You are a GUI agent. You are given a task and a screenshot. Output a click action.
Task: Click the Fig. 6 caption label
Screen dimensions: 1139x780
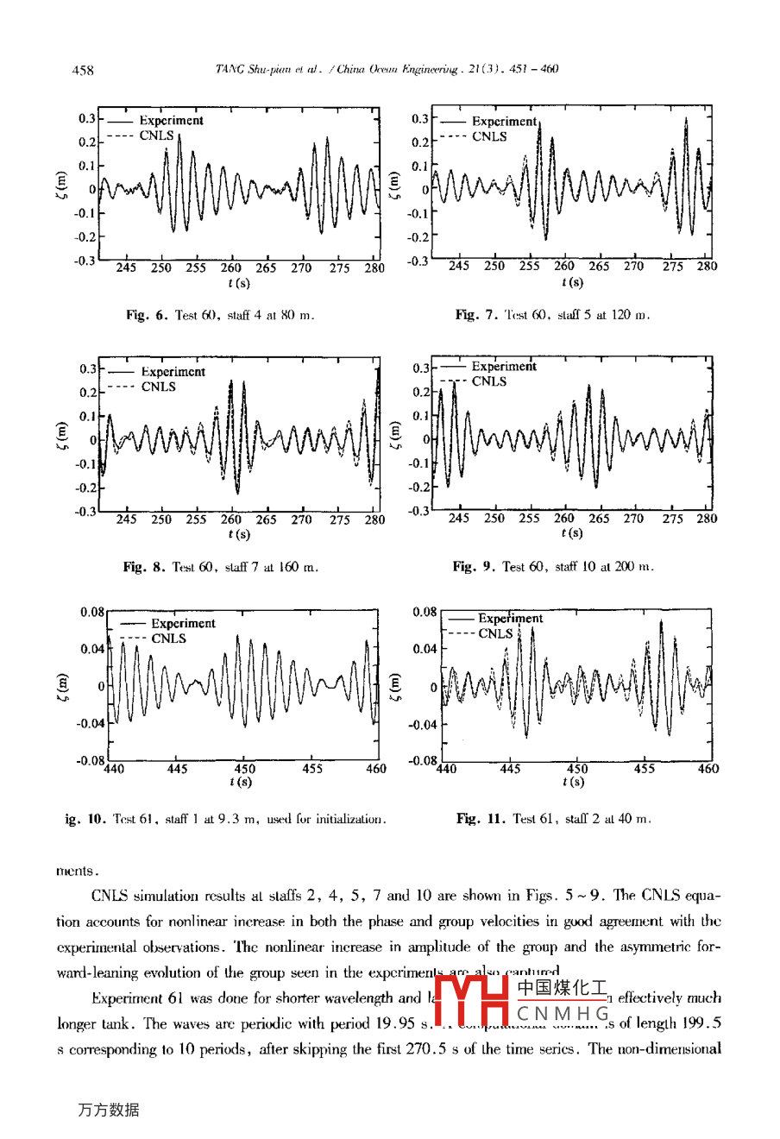(148, 315)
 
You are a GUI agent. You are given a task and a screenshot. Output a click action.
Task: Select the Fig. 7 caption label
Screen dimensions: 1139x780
(476, 315)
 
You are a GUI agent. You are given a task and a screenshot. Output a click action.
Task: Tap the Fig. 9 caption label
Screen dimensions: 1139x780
(475, 567)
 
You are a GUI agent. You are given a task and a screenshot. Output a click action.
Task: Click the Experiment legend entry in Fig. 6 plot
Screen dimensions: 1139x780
(171, 121)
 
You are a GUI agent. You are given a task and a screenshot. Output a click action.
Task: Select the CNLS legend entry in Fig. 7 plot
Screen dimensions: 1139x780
(489, 136)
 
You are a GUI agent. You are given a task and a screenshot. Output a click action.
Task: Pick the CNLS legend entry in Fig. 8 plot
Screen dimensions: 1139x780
(158, 387)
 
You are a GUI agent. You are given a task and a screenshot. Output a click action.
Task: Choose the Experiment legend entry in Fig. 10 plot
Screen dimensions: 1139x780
(183, 623)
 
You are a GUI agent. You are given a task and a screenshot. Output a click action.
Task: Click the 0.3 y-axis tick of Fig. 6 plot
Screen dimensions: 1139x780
(87, 119)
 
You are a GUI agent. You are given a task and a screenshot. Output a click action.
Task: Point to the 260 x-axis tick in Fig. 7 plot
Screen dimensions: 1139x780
(563, 266)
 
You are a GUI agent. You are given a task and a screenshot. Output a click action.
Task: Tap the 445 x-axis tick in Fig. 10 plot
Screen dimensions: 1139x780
(177, 769)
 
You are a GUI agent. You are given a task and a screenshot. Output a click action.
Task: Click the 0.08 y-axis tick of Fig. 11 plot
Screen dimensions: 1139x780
(424, 612)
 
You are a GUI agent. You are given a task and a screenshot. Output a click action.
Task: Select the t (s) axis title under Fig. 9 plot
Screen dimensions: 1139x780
(571, 533)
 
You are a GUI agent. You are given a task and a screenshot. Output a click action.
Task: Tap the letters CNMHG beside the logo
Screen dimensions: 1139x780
(563, 1012)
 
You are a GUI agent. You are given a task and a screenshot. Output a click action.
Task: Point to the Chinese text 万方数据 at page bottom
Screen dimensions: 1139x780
(108, 1110)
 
